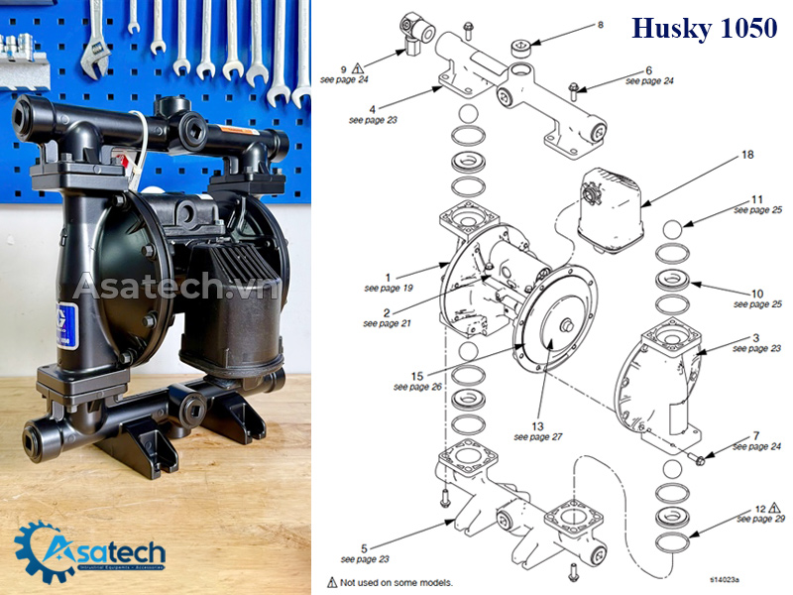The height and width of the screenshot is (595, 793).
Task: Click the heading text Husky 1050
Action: (704, 29)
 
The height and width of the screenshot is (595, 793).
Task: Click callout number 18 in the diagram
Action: (747, 156)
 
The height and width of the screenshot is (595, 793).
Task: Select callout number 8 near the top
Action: (600, 24)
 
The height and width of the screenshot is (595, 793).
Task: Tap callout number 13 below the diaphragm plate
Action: (537, 425)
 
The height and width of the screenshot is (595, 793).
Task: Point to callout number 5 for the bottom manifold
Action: (364, 547)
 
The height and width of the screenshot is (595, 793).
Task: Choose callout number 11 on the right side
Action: (756, 198)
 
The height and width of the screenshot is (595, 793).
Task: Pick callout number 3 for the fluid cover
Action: (756, 337)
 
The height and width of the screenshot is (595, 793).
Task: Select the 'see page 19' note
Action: (388, 288)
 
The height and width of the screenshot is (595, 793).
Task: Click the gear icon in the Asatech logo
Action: (40, 547)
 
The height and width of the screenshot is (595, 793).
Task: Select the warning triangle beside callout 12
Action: (774, 508)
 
